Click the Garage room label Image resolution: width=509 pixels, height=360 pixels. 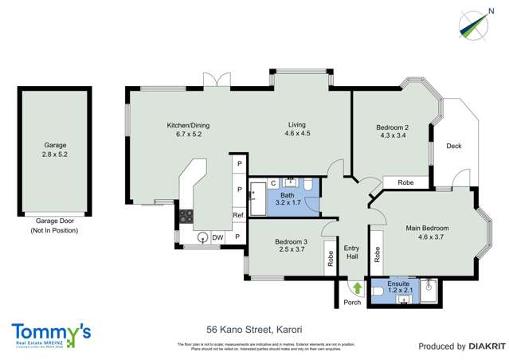[x=55, y=146]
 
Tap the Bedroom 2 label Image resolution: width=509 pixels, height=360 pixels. [x=392, y=127]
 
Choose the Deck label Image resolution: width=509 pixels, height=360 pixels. [x=453, y=146]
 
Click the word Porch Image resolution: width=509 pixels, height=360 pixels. [x=351, y=303]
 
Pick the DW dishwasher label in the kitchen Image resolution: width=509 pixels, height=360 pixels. [x=217, y=237]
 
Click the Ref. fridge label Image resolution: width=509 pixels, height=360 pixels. [x=237, y=216]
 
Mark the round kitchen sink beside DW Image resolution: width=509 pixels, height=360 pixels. [x=202, y=237]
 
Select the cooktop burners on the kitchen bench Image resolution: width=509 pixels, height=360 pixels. [x=186, y=215]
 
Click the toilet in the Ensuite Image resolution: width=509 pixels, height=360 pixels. [x=380, y=292]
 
